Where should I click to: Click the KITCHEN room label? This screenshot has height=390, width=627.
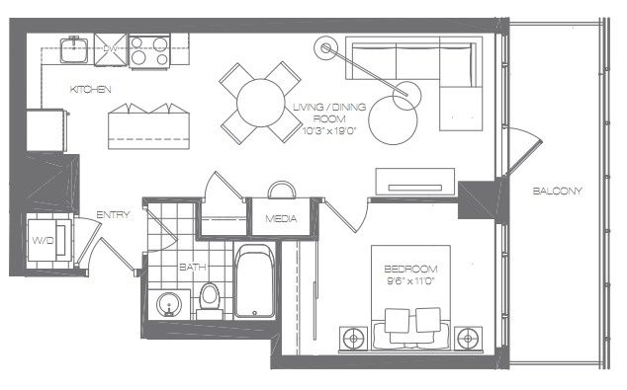[90, 89]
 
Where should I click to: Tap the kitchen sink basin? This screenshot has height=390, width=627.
[74, 49]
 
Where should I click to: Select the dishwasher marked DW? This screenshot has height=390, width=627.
[111, 49]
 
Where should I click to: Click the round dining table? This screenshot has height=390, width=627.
[261, 103]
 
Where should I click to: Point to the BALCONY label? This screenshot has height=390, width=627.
[558, 191]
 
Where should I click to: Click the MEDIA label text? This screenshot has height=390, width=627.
[281, 218]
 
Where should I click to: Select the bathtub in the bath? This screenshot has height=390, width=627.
[255, 281]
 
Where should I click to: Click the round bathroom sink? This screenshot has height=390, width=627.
[169, 305]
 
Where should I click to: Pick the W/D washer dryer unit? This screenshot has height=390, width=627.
[48, 240]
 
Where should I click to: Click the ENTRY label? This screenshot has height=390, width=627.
[113, 215]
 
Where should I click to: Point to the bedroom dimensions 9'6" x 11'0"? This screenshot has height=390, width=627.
[410, 281]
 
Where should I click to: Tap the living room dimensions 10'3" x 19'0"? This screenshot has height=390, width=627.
[329, 130]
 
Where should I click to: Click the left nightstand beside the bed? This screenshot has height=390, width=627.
[353, 339]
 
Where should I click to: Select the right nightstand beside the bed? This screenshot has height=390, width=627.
[468, 339]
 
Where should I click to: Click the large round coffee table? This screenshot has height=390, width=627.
[393, 120]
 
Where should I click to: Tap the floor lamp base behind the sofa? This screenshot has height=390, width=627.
[326, 48]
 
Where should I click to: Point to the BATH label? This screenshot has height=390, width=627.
[192, 267]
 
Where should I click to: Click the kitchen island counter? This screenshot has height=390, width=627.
[148, 126]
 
